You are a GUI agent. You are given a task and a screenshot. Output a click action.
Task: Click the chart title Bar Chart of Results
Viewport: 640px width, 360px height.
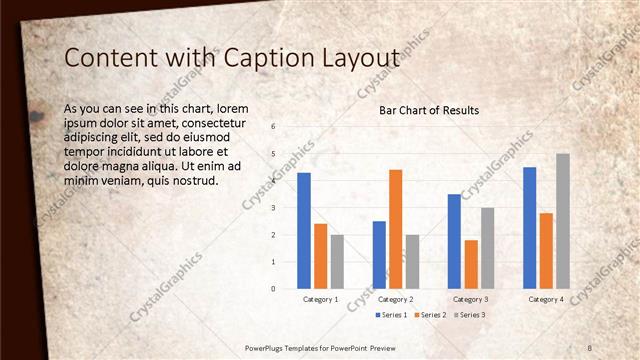[x=428, y=110]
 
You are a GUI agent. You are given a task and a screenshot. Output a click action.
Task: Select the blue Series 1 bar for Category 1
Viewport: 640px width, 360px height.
[x=304, y=231]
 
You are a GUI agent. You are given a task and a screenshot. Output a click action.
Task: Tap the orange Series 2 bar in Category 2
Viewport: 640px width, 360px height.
[x=395, y=229]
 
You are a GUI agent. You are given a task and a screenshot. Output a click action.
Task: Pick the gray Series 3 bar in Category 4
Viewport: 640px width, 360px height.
[x=563, y=221]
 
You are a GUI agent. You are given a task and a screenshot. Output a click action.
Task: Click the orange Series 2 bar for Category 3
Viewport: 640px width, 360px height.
[x=471, y=264]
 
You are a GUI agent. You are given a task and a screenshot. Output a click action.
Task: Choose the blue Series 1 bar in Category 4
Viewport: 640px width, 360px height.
[x=529, y=227]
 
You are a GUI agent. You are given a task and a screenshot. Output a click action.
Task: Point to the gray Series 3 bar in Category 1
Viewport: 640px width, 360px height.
[x=337, y=261]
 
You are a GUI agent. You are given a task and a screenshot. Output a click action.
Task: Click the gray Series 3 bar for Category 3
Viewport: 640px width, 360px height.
[x=487, y=248]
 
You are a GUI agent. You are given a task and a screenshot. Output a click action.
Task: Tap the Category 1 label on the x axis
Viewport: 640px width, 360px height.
[x=320, y=299]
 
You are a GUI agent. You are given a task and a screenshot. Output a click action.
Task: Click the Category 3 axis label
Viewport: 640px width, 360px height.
[x=471, y=299]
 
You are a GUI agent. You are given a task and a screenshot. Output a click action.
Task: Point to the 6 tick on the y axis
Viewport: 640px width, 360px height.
[x=274, y=127]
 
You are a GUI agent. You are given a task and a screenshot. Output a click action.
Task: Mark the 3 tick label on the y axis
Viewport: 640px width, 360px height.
[x=274, y=208]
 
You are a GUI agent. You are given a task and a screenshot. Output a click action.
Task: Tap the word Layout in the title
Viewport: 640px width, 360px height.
[x=356, y=59]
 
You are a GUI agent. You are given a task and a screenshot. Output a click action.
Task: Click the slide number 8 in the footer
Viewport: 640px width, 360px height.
[x=590, y=347]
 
